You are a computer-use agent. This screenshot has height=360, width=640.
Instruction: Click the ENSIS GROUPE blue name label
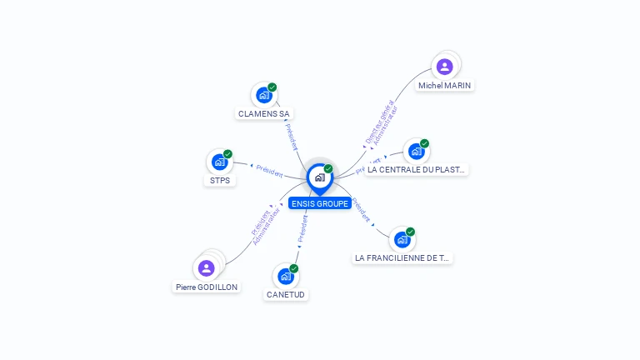(x=320, y=203)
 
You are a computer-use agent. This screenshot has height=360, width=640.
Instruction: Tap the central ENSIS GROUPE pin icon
(x=319, y=177)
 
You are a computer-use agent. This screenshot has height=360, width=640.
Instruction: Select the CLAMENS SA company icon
(x=264, y=95)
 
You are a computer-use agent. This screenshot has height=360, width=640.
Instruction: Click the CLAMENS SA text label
(x=264, y=113)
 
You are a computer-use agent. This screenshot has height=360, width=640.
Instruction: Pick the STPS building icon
(x=220, y=162)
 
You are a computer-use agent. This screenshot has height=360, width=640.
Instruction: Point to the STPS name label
(x=220, y=180)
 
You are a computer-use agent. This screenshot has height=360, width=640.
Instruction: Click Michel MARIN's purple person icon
(x=445, y=67)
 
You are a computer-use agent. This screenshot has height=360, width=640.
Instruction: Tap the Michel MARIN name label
(x=446, y=85)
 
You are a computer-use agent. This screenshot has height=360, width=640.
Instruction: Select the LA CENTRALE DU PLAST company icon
(x=417, y=152)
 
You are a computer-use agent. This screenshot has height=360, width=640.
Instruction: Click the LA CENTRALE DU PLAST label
(x=417, y=170)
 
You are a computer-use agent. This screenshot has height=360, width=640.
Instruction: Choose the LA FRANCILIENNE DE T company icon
(x=402, y=240)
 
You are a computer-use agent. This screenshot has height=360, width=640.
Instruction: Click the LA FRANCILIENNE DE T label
(x=402, y=258)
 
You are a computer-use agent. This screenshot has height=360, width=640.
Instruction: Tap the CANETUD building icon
(x=286, y=276)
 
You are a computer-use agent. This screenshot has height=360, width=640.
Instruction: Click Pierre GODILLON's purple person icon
(x=207, y=268)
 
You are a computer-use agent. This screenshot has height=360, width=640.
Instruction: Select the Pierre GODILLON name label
(x=207, y=287)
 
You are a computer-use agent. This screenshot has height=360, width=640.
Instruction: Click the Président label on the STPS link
(x=268, y=169)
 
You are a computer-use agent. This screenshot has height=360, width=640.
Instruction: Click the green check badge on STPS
(x=227, y=154)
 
